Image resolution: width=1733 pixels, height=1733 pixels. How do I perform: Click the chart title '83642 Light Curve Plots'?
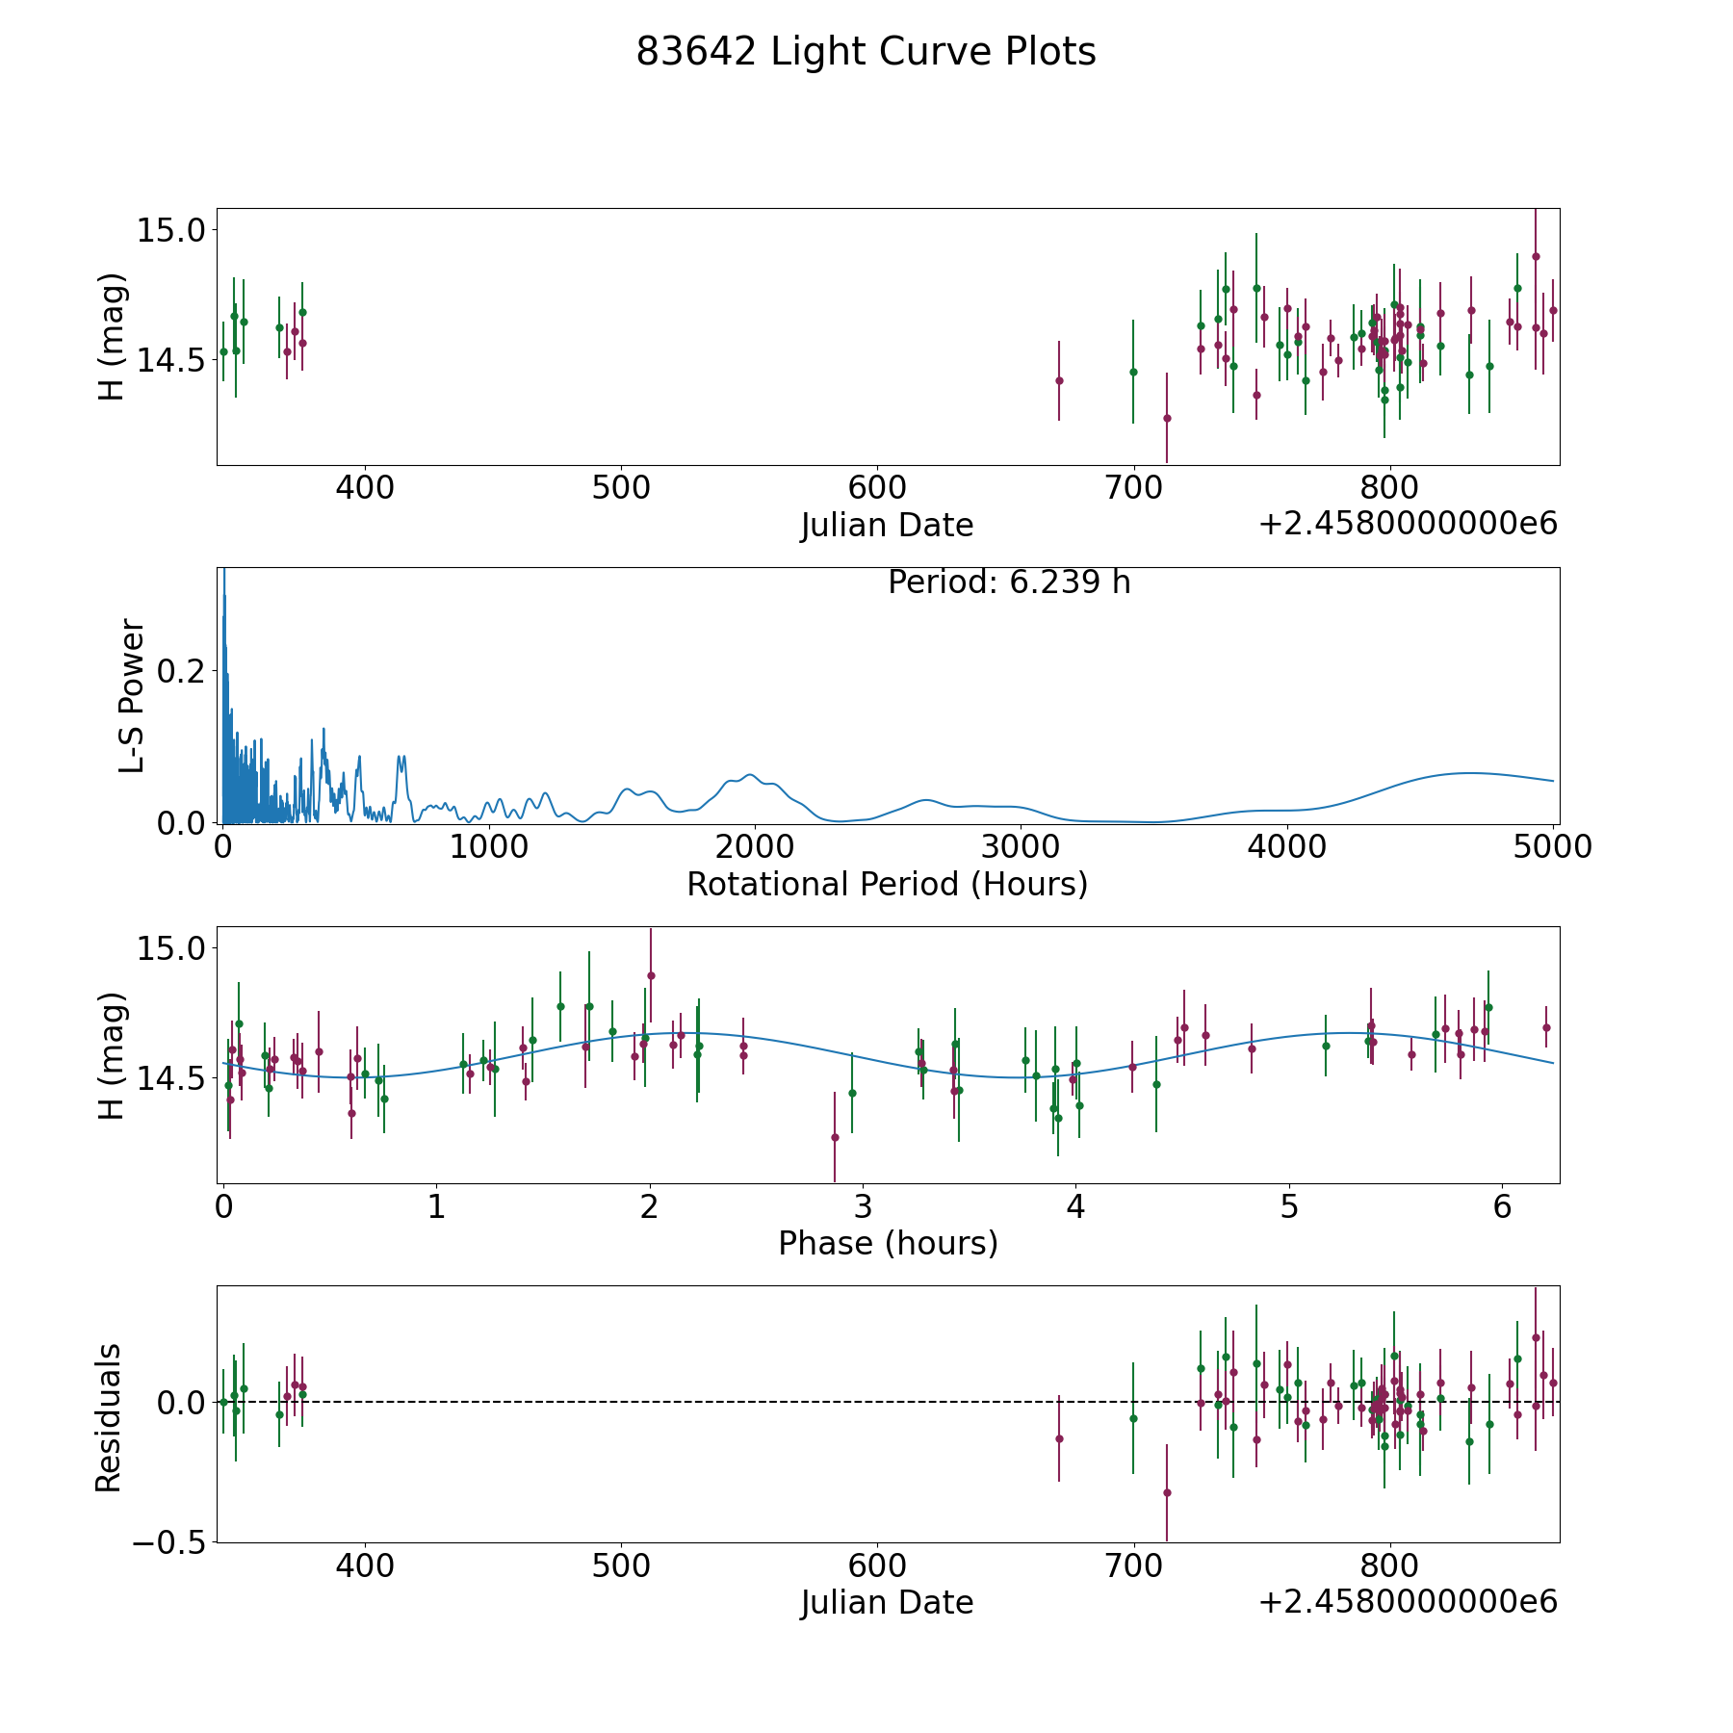point(866,52)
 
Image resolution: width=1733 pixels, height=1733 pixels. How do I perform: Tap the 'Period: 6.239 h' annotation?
point(1008,582)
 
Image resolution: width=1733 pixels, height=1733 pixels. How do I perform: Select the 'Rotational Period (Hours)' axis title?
point(887,884)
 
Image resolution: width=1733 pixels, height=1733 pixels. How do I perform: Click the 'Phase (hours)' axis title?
point(888,1243)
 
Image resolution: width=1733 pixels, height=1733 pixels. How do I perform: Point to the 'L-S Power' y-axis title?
point(132,695)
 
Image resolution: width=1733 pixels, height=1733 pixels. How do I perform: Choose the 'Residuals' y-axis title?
point(109,1417)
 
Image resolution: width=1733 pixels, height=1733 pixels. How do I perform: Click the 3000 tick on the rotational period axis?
point(1020,847)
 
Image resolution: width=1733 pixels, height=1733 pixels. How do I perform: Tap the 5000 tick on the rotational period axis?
point(1552,847)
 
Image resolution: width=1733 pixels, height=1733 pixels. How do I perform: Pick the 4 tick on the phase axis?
point(1076,1207)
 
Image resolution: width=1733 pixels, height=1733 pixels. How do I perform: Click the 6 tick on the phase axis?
point(1503,1207)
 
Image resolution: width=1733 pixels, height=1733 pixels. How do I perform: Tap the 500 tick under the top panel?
point(621,488)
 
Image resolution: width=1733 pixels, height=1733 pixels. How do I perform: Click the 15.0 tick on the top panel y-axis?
point(170,231)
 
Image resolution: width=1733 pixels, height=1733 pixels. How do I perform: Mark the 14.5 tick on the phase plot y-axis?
point(170,1079)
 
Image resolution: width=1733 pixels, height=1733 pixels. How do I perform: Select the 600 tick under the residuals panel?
point(878,1566)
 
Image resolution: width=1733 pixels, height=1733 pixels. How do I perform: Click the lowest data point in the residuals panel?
point(1167,1492)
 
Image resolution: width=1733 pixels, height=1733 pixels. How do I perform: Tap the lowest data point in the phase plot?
point(835,1137)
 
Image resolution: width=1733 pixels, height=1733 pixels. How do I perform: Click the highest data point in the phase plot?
point(651,975)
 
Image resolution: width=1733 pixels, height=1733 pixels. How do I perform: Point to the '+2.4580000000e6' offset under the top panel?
point(1408,524)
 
